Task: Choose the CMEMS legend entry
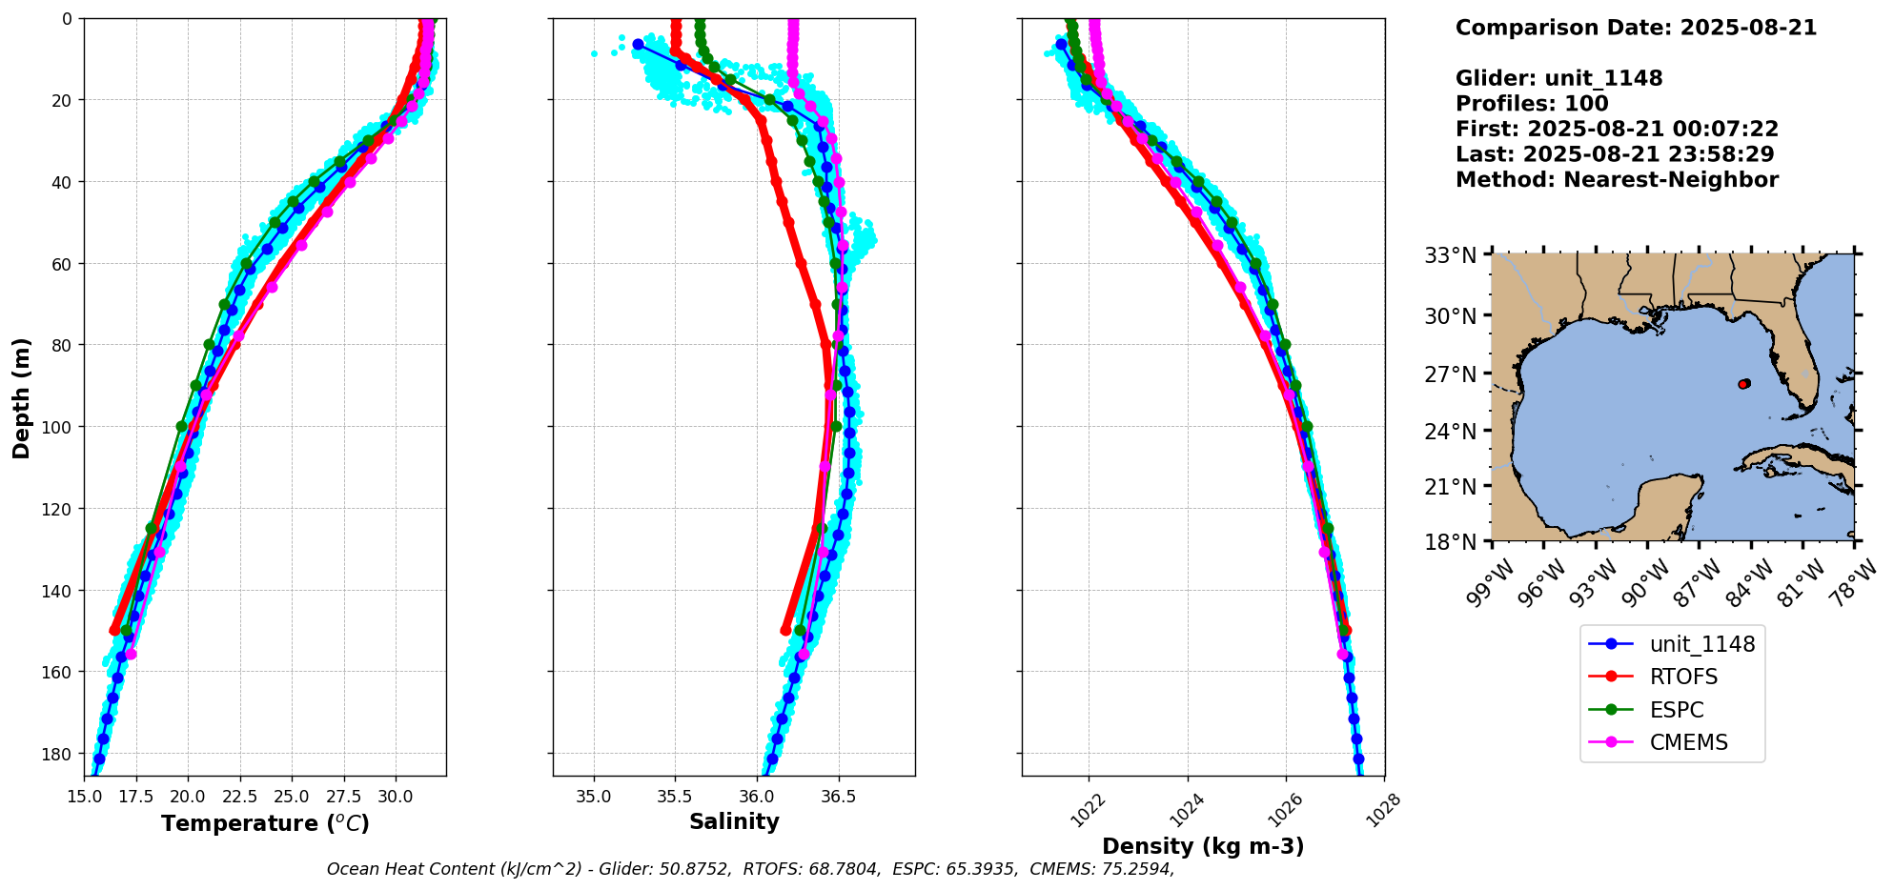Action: pyautogui.click(x=1688, y=742)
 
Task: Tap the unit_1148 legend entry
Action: pyautogui.click(x=1701, y=644)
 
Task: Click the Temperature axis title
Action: pyautogui.click(x=265, y=823)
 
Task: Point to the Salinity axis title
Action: pyautogui.click(x=734, y=822)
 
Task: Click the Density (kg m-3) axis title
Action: pyautogui.click(x=1203, y=846)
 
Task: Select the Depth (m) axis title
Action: pyautogui.click(x=22, y=397)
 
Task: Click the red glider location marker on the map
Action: pyautogui.click(x=1743, y=384)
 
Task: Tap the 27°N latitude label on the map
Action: pyautogui.click(x=1451, y=374)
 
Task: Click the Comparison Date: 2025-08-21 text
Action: pyautogui.click(x=1636, y=28)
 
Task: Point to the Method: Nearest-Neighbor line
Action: pyautogui.click(x=1617, y=180)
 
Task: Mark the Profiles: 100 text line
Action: pyautogui.click(x=1532, y=104)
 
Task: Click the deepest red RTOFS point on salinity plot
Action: pyautogui.click(x=785, y=630)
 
